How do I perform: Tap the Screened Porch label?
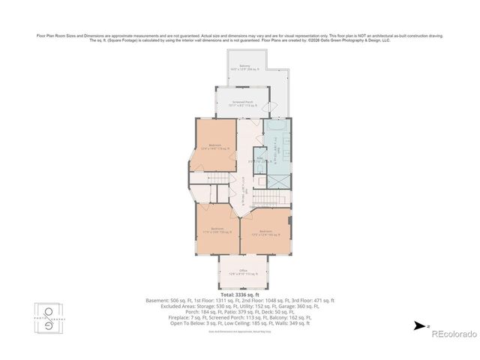(241, 103)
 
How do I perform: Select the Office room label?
(243, 271)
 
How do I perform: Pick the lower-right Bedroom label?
(265, 232)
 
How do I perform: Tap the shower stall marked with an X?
(277, 180)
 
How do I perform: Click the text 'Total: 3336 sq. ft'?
(239, 295)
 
